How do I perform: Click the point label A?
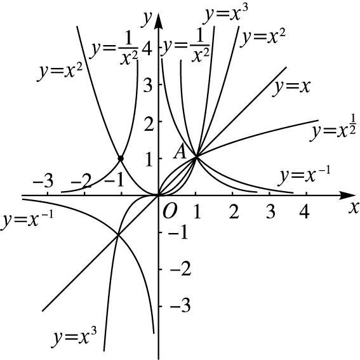(x=180, y=152)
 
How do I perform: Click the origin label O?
(x=170, y=211)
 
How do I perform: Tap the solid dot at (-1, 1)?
(x=121, y=159)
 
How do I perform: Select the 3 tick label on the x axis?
(x=270, y=211)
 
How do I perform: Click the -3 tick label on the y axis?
(x=180, y=305)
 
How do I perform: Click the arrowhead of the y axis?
(x=158, y=21)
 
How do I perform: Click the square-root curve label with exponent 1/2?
(x=333, y=128)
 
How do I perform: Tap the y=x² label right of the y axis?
(x=263, y=37)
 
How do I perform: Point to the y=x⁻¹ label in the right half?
(x=304, y=176)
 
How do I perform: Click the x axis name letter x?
(x=354, y=208)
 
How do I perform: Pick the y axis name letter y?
(x=147, y=18)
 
